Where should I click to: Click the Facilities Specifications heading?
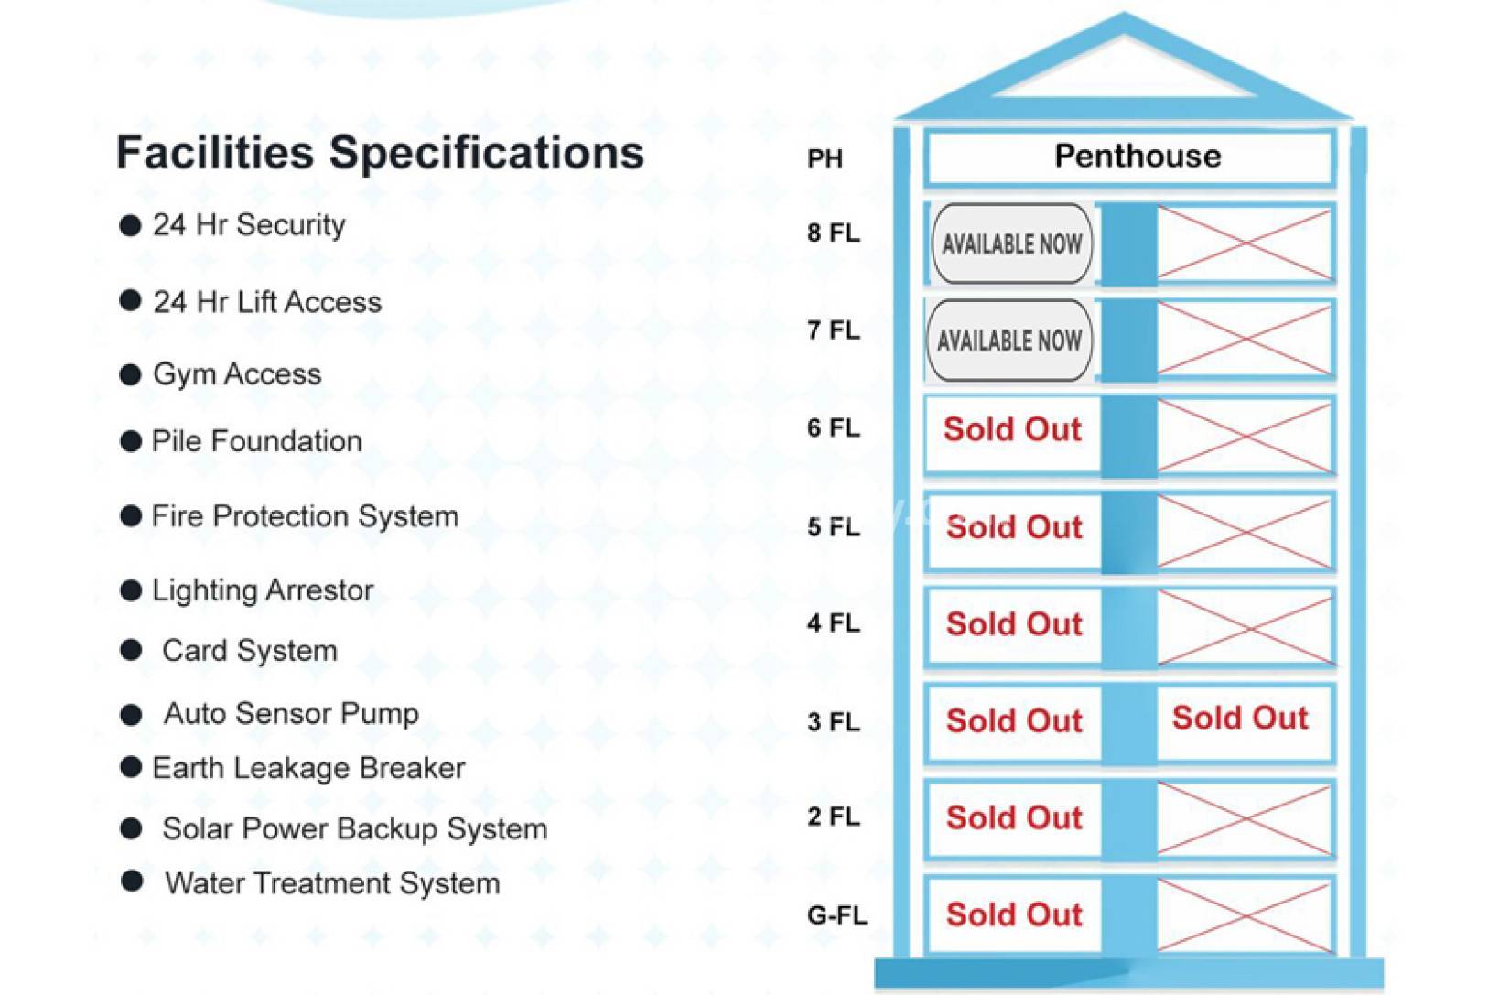click(x=380, y=153)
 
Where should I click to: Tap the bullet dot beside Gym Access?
click(x=130, y=374)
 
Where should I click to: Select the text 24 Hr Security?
click(x=249, y=224)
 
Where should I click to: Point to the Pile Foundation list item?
click(x=257, y=441)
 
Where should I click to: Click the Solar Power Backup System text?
click(x=354, y=828)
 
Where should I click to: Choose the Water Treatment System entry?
click(x=332, y=883)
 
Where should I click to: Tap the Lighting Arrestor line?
click(x=263, y=590)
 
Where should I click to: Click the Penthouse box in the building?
click(x=1130, y=157)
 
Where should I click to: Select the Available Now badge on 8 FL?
click(x=1012, y=243)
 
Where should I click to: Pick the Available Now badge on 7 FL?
click(x=1009, y=341)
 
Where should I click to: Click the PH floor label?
click(x=825, y=159)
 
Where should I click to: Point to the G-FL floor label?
click(x=836, y=914)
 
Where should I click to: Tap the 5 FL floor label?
click(x=834, y=526)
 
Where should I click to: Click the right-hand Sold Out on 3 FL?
click(x=1240, y=718)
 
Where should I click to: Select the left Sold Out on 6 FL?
click(x=1012, y=429)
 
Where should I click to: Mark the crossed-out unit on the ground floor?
click(x=1246, y=915)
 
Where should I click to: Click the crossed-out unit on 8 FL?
click(x=1245, y=243)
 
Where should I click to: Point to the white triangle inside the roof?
click(x=1124, y=68)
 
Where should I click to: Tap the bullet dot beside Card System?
click(x=131, y=651)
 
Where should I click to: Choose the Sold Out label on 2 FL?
click(x=1014, y=817)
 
